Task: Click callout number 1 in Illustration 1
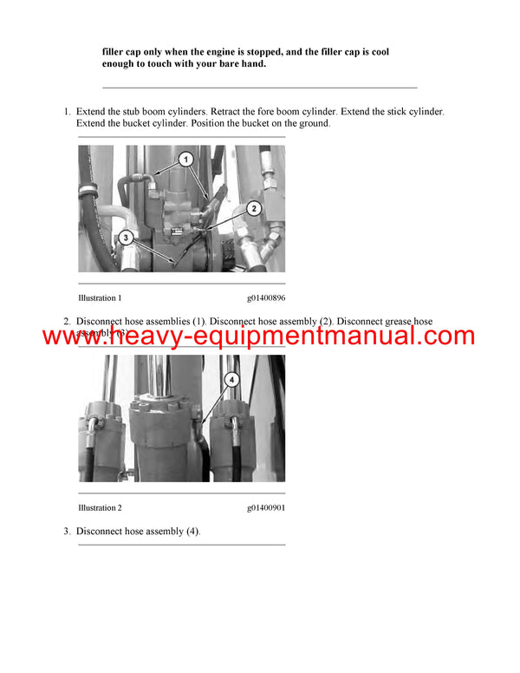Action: pos(185,159)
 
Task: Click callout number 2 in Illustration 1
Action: pos(253,208)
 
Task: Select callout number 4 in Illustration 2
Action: pos(231,379)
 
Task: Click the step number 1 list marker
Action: pos(67,113)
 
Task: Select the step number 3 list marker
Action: pos(67,531)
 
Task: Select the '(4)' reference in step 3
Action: pos(192,531)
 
